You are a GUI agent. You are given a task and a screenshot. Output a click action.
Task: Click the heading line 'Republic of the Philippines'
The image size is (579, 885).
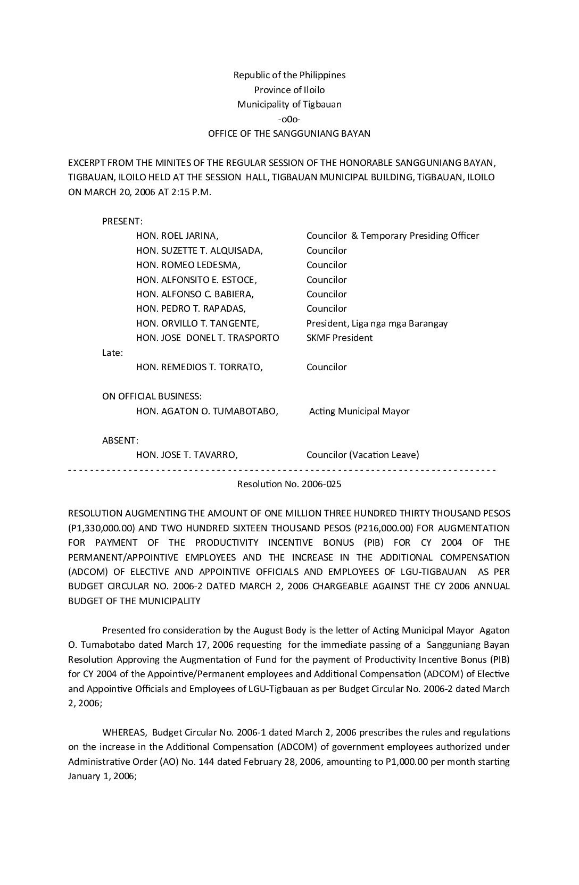[289, 75]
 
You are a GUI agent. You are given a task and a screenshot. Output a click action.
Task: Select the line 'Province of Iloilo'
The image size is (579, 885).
[289, 90]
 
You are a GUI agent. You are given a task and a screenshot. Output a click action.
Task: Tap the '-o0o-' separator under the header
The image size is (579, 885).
[289, 119]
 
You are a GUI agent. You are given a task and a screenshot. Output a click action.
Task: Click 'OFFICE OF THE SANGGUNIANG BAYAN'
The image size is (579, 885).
[289, 133]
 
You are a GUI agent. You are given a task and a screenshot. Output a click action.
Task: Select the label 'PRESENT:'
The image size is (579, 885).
[122, 221]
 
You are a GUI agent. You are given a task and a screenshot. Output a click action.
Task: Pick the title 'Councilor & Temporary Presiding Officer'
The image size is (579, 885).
[393, 236]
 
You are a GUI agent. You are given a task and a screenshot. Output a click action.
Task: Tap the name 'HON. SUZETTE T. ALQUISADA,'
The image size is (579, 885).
[200, 251]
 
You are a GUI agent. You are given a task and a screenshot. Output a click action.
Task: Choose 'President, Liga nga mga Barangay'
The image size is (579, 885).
[377, 323]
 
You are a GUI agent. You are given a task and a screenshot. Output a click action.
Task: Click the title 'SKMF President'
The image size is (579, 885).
[340, 338]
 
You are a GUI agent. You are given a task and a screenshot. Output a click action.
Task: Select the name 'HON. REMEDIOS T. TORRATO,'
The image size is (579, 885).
[200, 367]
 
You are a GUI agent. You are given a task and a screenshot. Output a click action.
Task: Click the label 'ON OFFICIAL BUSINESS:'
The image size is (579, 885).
[152, 396]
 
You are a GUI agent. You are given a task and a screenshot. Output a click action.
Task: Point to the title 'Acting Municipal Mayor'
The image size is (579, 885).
[359, 411]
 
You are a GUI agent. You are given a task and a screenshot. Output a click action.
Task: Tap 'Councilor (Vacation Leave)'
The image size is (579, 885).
[362, 455]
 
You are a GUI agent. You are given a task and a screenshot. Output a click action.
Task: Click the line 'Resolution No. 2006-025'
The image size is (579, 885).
[289, 484]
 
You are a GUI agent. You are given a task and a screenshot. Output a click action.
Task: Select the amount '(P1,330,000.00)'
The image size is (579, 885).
[99, 528]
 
